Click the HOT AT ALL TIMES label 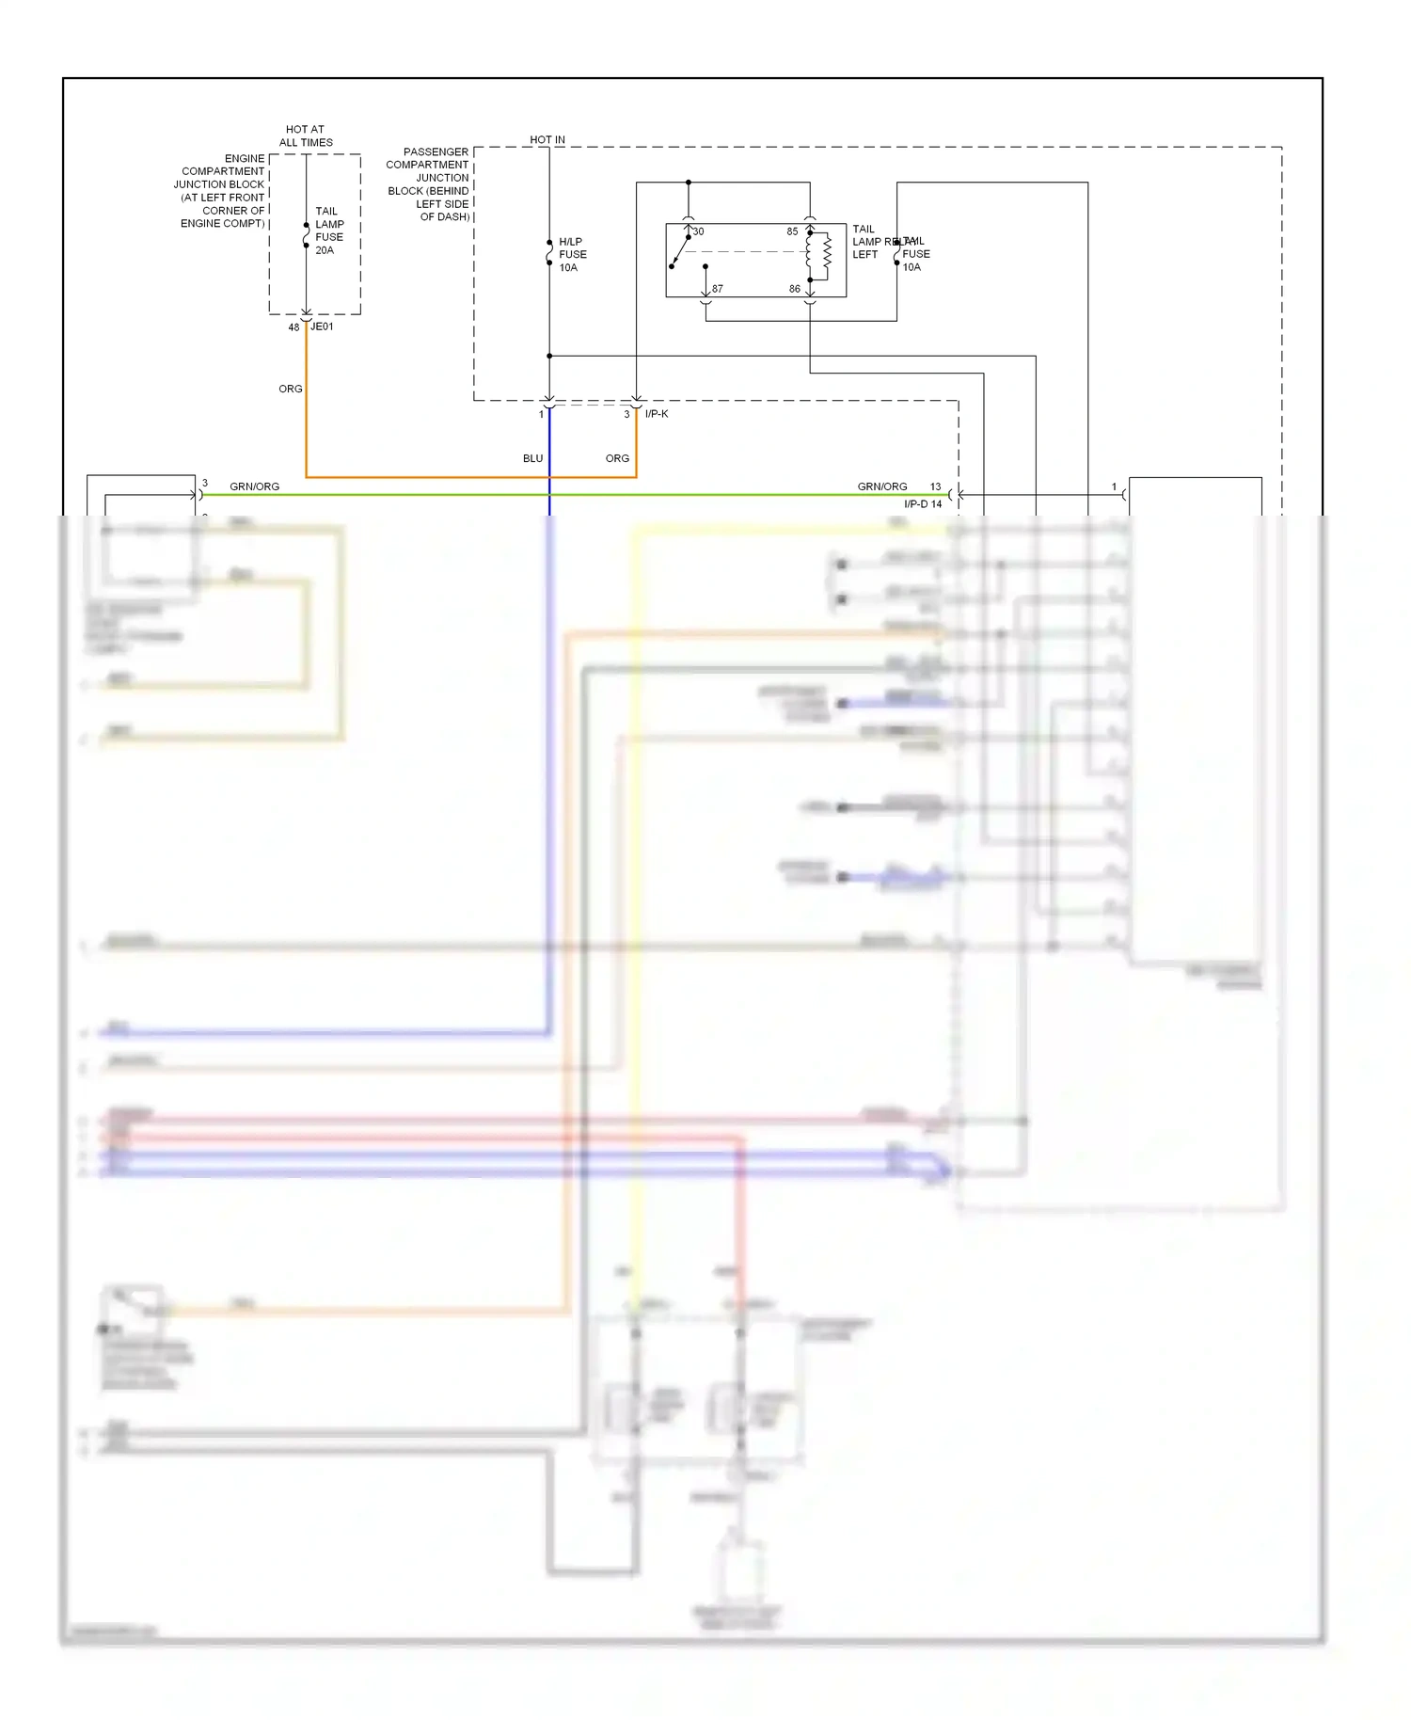click(306, 135)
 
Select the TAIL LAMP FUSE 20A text click(328, 231)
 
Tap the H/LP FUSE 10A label click(572, 254)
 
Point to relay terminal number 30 click(698, 231)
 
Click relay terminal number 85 click(792, 231)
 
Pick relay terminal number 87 click(718, 289)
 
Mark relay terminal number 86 click(795, 289)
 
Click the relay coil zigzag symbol click(827, 251)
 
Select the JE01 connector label click(322, 326)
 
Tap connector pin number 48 click(293, 327)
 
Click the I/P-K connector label click(657, 414)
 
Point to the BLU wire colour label click(532, 458)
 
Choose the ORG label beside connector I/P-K click(617, 458)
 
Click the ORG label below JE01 click(290, 389)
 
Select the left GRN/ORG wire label click(254, 486)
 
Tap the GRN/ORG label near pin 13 click(881, 486)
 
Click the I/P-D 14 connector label click(922, 504)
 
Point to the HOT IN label click(547, 139)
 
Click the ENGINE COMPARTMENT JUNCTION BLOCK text click(222, 191)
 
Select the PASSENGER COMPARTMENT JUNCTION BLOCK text click(428, 183)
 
